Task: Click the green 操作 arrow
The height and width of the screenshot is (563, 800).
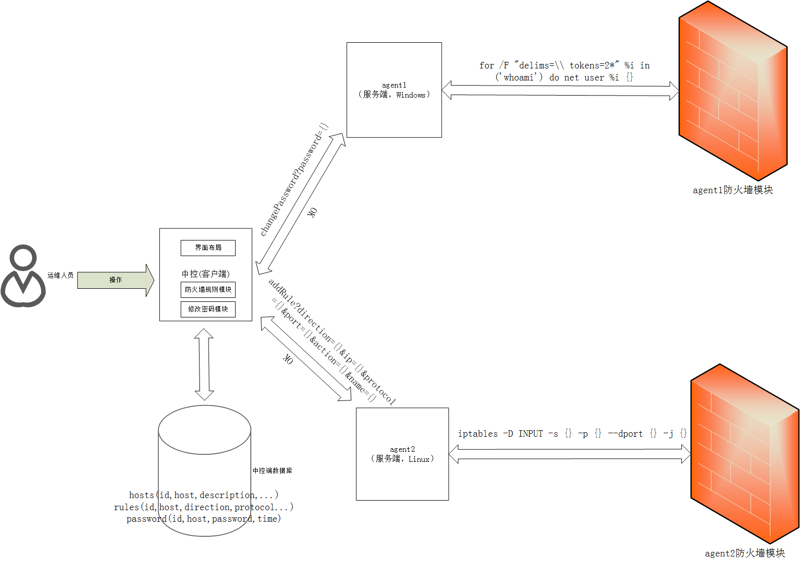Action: click(x=116, y=280)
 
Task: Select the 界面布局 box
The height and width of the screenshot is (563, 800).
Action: click(x=208, y=248)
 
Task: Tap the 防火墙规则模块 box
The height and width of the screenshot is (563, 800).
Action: click(x=208, y=289)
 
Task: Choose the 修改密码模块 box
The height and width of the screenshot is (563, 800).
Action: click(x=208, y=309)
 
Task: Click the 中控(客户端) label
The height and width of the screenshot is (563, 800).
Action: click(x=206, y=274)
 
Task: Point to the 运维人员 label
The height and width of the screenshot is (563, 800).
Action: click(x=60, y=275)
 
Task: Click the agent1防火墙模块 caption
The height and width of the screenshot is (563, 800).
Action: click(x=733, y=190)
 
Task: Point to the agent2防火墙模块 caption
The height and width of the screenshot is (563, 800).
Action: click(x=745, y=553)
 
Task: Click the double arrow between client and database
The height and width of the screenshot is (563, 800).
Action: click(x=204, y=364)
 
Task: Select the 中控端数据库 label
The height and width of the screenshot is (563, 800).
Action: click(x=272, y=470)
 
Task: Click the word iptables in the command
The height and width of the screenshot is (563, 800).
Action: click(x=477, y=434)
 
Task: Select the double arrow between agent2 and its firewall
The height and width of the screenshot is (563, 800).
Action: click(x=569, y=454)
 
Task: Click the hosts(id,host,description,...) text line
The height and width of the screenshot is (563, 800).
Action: click(x=204, y=495)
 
